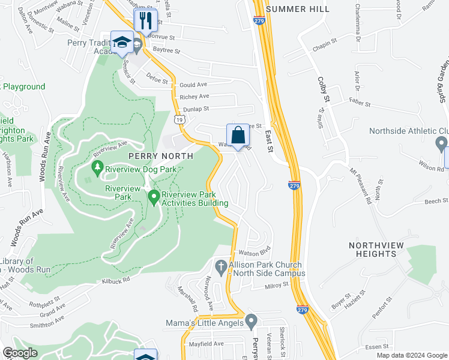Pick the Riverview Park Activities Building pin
[x=153, y=196]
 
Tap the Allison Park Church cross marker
[x=221, y=265]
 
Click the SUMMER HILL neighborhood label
[x=297, y=9]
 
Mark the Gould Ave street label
[x=193, y=85]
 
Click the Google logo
[x=20, y=353]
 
